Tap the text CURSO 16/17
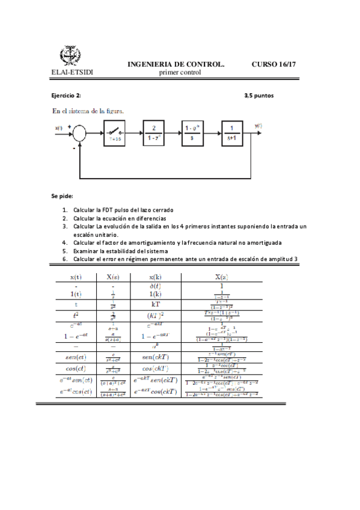click(x=274, y=64)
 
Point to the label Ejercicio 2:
click(x=66, y=95)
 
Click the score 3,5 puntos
click(x=259, y=95)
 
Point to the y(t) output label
click(x=258, y=126)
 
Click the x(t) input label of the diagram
click(x=59, y=127)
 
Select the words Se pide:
click(x=62, y=196)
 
